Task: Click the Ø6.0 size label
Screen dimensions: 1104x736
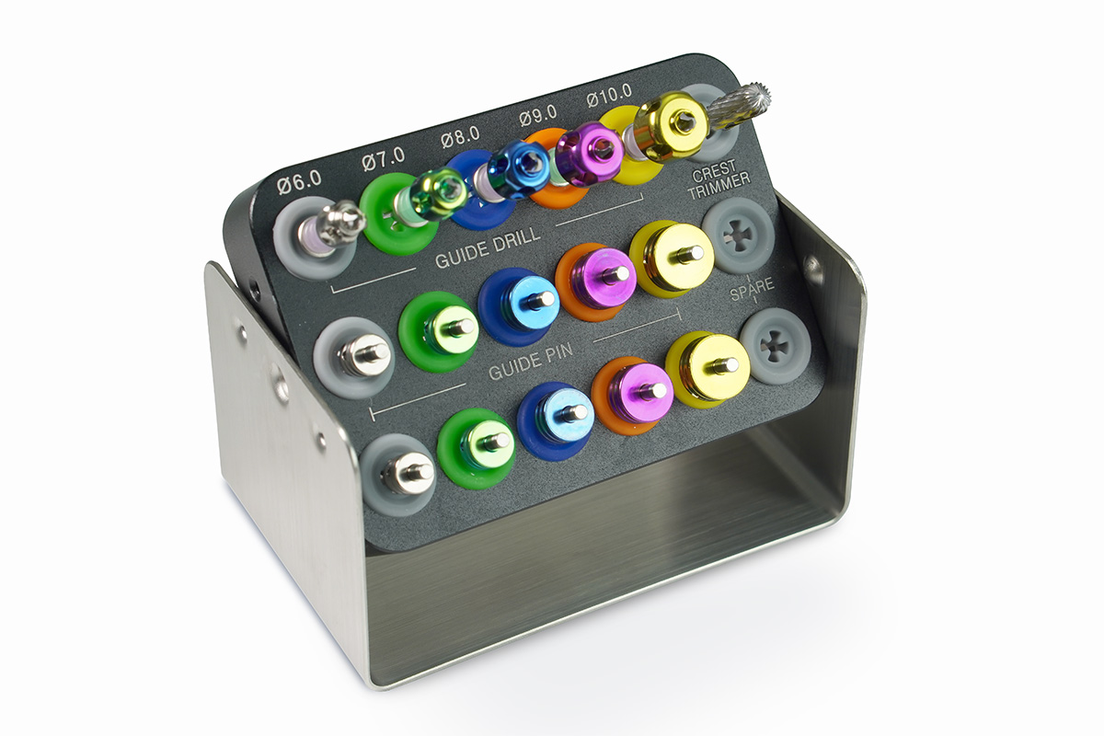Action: tap(299, 182)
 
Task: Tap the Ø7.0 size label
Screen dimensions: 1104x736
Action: tap(384, 159)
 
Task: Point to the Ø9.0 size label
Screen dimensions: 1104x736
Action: tap(537, 115)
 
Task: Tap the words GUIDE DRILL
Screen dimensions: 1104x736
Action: tap(488, 248)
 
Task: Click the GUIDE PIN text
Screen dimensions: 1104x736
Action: tap(531, 362)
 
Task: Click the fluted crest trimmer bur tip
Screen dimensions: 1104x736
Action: tap(740, 108)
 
